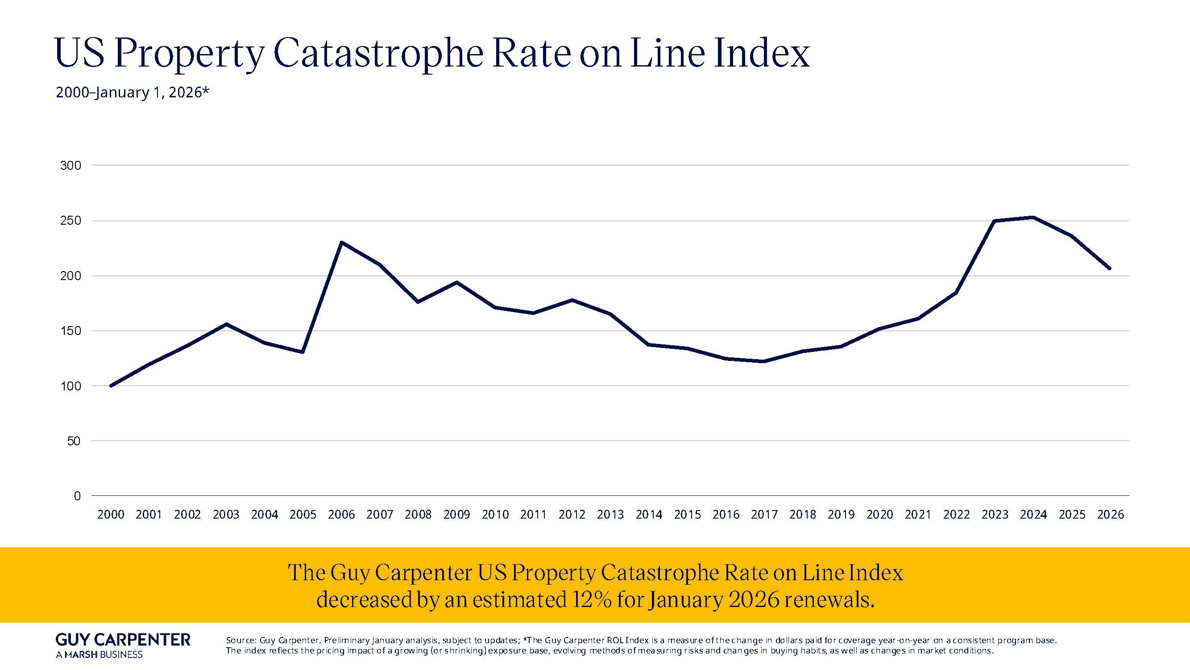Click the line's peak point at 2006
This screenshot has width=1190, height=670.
click(x=341, y=242)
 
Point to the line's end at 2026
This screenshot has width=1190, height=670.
click(x=1110, y=268)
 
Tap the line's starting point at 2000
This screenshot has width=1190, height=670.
click(x=111, y=385)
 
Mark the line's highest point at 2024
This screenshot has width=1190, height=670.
click(x=1033, y=218)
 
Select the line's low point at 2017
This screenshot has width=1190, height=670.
click(x=764, y=361)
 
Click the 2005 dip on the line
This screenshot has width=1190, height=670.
click(x=303, y=352)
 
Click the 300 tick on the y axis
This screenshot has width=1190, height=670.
click(x=70, y=166)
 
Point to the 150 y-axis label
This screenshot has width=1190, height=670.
click(x=70, y=331)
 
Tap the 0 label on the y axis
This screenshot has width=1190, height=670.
click(x=77, y=496)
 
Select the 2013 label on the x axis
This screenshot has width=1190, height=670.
click(x=610, y=515)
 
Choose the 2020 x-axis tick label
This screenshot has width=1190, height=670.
click(x=879, y=515)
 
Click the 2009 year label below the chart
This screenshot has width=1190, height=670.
click(x=456, y=515)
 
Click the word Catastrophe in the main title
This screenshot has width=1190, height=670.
click(x=378, y=54)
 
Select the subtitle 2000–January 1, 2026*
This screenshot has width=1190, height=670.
click(x=133, y=92)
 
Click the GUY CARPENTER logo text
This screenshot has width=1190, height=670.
click(x=123, y=640)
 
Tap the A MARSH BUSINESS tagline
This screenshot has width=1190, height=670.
click(x=99, y=655)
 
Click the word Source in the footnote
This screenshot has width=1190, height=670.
click(x=240, y=641)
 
